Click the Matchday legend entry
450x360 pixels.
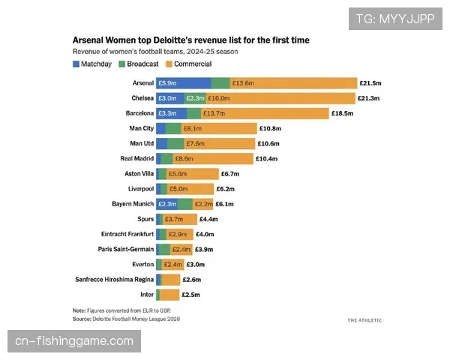pos(95,64)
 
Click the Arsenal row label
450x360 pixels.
pos(142,83)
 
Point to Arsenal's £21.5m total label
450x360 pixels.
pos(371,83)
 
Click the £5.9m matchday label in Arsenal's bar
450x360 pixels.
pos(166,83)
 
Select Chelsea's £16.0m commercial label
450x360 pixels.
pos(219,98)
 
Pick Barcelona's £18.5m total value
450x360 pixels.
pos(342,113)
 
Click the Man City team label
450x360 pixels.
pos(142,128)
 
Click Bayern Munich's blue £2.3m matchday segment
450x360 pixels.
pos(166,204)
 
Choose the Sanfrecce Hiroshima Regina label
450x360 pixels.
pos(115,279)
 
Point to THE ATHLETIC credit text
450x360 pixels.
pos(364,320)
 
